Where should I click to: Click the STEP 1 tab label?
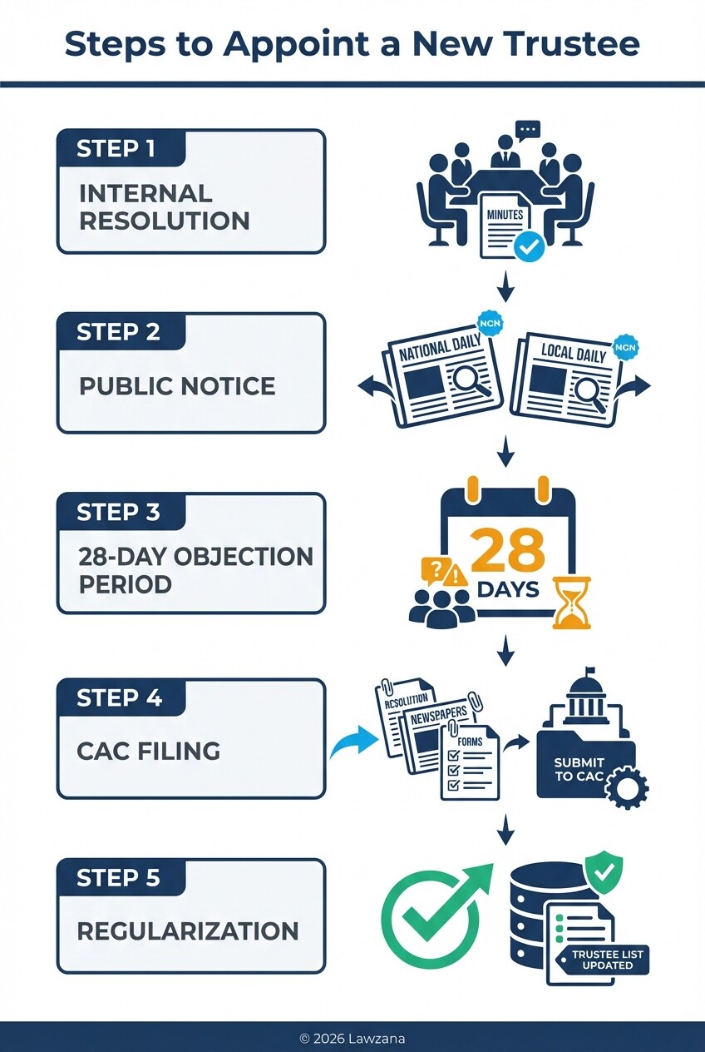(x=116, y=149)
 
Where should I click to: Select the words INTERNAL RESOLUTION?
(x=164, y=206)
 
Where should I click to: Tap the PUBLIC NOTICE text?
(x=177, y=385)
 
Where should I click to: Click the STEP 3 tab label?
(x=118, y=512)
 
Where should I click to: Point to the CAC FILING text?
(x=149, y=751)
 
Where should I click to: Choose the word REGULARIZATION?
(x=188, y=930)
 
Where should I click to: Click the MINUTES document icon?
(x=505, y=224)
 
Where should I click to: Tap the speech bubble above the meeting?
(x=527, y=131)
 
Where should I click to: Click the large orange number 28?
(x=508, y=550)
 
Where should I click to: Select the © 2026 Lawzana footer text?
(x=352, y=1038)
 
